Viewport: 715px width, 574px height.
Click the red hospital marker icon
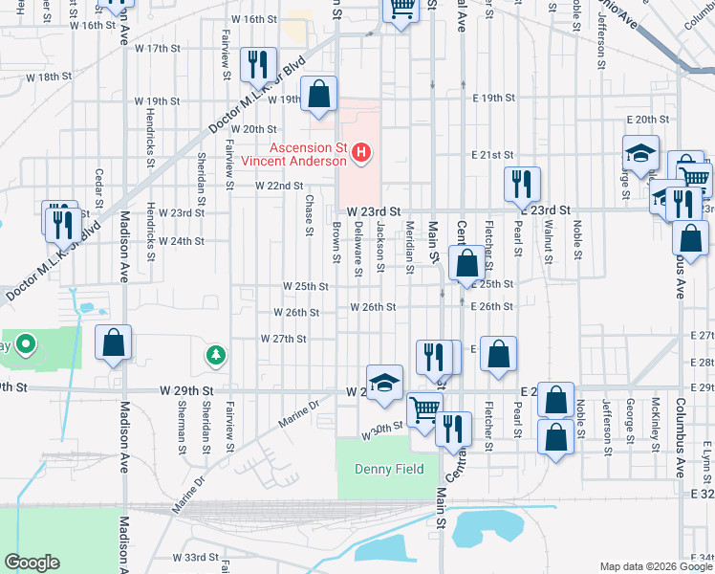[x=361, y=152]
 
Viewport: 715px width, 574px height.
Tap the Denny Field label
[x=381, y=469]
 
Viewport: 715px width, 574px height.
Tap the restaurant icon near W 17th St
[x=257, y=64]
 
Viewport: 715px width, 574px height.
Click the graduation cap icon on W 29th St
[x=384, y=382]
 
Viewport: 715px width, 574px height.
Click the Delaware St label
[x=357, y=248]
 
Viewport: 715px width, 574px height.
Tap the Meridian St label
[x=409, y=248]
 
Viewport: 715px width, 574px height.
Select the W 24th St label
[x=181, y=241]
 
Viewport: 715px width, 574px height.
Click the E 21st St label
[x=493, y=155]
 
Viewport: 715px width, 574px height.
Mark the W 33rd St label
[x=196, y=557]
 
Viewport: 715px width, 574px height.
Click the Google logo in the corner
[x=32, y=562]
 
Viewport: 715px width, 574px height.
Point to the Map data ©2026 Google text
[x=655, y=566]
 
